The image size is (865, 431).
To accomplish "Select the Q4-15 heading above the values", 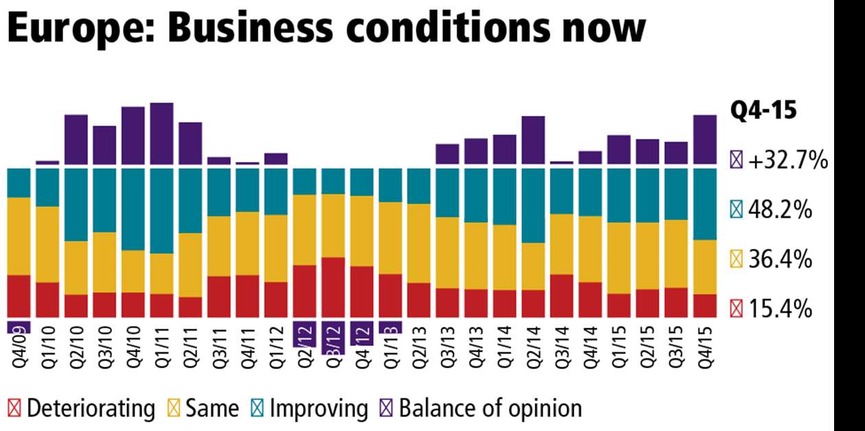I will tap(763, 110).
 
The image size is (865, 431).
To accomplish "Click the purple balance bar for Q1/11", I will tap(161, 133).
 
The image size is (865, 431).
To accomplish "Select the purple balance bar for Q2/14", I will tap(533, 140).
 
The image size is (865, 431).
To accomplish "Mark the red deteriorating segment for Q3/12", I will tap(333, 287).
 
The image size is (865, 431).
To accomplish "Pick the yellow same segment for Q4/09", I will tap(19, 236).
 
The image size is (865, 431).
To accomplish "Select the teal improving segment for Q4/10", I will tap(133, 209).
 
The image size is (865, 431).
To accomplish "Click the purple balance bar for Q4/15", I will tap(705, 139).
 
